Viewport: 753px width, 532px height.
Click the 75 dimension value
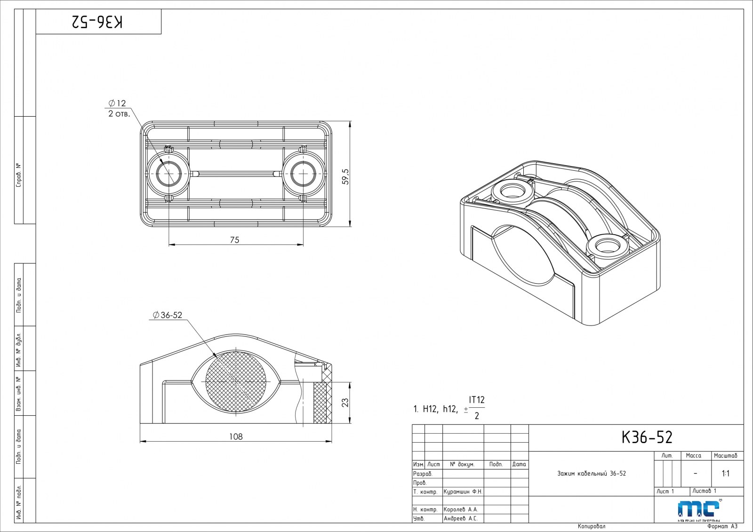pos(234,240)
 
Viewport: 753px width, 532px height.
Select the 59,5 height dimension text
pos(345,176)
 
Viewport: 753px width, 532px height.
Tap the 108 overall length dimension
pos(236,437)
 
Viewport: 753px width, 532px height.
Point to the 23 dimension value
pos(345,403)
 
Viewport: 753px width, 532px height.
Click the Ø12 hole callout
pos(117,103)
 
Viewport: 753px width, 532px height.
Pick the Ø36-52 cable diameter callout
pos(168,315)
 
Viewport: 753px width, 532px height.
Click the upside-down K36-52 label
pos(98,22)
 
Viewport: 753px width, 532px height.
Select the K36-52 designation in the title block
pos(647,437)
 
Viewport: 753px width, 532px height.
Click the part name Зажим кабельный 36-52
pos(592,473)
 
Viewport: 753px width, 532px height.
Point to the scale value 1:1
pos(726,473)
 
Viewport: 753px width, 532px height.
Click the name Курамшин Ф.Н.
pos(463,492)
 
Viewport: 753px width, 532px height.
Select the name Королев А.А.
pos(461,509)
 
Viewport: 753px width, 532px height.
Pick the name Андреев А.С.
pos(461,518)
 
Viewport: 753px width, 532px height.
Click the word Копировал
pos(592,526)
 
